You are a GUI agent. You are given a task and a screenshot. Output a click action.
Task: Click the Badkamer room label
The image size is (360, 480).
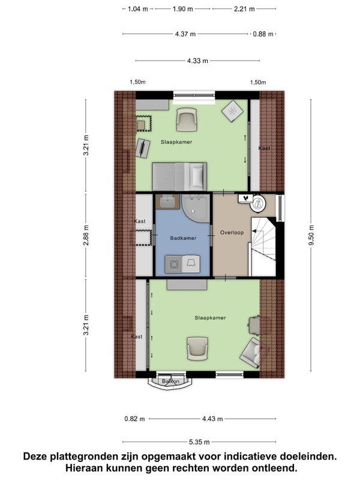point(183,238)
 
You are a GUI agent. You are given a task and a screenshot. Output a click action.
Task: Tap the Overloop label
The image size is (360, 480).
point(232,233)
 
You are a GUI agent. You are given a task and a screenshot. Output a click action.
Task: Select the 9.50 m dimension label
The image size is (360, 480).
point(311,235)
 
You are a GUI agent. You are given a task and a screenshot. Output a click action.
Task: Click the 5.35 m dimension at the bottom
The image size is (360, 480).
point(199,442)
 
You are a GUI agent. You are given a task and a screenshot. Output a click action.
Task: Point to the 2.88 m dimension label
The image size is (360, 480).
point(86,235)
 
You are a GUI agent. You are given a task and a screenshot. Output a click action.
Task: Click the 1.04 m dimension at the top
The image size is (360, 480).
point(138,9)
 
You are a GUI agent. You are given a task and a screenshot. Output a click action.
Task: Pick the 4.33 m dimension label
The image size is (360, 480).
point(197,61)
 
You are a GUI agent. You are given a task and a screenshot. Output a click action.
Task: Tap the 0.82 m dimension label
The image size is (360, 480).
point(134,418)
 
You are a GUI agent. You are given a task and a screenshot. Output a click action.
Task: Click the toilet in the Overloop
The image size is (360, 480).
point(257,202)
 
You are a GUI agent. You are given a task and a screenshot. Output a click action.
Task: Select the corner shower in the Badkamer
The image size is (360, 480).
point(196,208)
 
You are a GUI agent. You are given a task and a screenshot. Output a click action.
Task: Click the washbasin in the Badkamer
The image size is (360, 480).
point(167,202)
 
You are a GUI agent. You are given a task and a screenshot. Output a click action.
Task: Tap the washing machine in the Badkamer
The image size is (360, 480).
point(174,264)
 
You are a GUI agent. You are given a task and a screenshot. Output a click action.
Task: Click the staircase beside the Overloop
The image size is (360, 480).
point(263,247)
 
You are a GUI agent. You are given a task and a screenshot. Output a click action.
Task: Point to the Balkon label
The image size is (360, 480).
point(170,382)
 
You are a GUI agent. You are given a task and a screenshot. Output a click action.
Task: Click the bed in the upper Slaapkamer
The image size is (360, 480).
point(179,176)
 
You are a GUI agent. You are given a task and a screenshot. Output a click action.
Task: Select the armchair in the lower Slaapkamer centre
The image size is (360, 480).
point(198,349)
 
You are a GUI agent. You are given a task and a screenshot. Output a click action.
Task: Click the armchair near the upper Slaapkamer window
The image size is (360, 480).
point(186,121)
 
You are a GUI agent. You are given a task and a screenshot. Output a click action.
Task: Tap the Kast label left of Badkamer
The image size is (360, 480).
point(140,221)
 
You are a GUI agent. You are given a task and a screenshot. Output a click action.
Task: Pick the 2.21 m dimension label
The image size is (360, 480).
point(244,9)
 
